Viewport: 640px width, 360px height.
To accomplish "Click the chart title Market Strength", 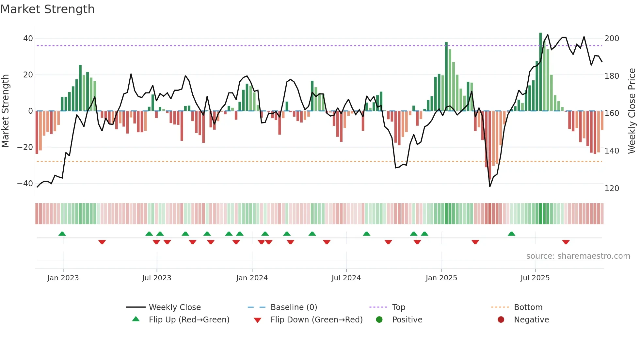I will click(x=47, y=9).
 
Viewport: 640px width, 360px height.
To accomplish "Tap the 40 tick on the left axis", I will click(x=28, y=39).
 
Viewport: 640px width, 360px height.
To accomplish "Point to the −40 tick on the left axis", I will click(x=25, y=184).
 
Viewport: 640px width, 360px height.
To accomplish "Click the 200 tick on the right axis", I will click(x=612, y=39).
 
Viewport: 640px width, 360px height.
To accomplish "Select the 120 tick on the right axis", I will click(x=612, y=188).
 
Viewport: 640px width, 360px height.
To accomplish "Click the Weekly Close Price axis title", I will click(x=632, y=111).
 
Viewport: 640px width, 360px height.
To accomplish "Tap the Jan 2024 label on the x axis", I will click(x=252, y=278).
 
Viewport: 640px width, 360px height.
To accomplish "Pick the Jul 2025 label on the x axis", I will click(x=535, y=278).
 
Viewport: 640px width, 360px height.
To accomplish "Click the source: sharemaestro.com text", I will click(x=578, y=256).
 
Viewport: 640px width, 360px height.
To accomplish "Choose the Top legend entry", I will click(x=399, y=307).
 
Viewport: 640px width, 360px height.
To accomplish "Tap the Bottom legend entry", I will click(x=528, y=307).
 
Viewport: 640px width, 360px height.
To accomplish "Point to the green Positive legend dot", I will click(x=379, y=319).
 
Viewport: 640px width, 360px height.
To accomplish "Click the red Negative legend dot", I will click(x=501, y=319).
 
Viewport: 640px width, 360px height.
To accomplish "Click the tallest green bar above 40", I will click(x=540, y=72).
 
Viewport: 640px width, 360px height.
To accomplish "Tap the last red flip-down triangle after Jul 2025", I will click(x=566, y=242).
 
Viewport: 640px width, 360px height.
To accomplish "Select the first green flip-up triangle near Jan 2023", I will click(x=62, y=234).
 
